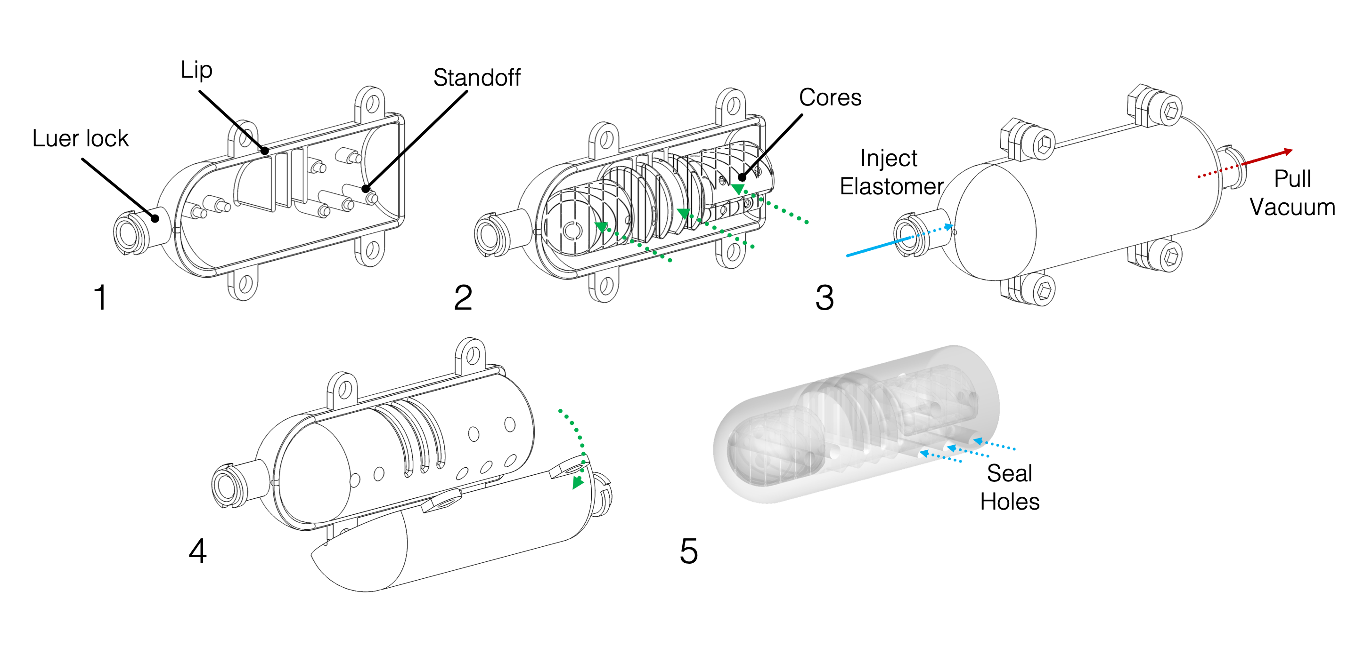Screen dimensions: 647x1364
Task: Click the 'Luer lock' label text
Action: (x=80, y=139)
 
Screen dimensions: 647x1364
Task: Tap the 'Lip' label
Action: (x=196, y=70)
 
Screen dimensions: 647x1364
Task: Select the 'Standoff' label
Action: (x=476, y=78)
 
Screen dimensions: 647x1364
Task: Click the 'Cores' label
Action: (x=830, y=97)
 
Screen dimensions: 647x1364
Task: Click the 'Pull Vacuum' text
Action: (x=1292, y=193)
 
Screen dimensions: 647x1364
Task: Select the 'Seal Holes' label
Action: (x=1009, y=487)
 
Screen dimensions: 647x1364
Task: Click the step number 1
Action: (x=100, y=297)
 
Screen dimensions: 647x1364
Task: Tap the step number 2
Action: (x=463, y=297)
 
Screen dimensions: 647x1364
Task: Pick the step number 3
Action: (x=825, y=297)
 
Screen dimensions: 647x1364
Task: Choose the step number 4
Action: (x=197, y=551)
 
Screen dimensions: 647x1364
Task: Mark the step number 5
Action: (x=688, y=551)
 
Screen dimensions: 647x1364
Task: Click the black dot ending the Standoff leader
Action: (x=365, y=188)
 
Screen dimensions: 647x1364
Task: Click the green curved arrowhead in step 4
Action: (x=578, y=482)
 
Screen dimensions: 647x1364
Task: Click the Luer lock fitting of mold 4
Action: (x=228, y=486)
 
